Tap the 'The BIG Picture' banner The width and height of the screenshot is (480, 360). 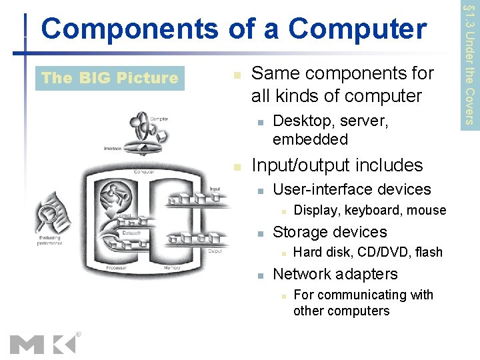coord(109,78)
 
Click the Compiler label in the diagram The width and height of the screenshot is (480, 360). coord(159,119)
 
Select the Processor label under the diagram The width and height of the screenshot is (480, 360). coord(116,268)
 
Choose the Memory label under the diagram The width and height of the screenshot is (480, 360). coord(171,268)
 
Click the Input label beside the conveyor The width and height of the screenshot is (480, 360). coord(215,189)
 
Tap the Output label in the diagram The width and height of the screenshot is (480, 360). coord(215,251)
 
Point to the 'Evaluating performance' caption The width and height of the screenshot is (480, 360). coord(50,240)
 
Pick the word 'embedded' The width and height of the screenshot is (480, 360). coord(310,139)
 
